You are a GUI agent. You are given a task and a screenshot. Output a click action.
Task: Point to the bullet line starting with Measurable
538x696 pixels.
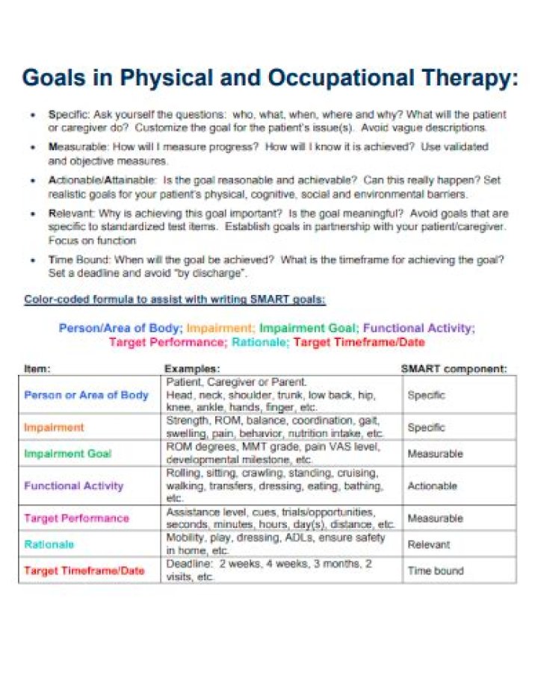268,147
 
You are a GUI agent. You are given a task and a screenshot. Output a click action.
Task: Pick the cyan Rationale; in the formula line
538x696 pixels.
260,342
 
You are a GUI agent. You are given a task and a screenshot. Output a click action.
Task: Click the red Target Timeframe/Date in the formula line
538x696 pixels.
359,342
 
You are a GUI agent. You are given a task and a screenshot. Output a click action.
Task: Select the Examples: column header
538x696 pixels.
192,368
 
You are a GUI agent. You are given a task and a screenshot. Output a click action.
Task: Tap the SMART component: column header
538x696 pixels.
454,368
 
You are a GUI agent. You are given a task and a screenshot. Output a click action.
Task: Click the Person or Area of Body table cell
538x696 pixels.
86,395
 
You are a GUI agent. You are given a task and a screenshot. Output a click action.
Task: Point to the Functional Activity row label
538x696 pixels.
73,485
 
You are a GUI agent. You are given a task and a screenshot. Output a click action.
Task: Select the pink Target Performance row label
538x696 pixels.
76,518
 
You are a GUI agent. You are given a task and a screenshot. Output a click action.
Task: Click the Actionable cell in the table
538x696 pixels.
432,485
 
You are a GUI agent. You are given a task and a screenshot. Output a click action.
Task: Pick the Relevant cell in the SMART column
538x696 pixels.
428,544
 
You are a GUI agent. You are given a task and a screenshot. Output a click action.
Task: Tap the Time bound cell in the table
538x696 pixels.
435,571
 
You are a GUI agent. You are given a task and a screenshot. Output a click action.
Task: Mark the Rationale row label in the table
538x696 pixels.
49,544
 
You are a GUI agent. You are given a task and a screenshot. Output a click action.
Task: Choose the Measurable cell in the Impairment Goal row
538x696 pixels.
435,453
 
